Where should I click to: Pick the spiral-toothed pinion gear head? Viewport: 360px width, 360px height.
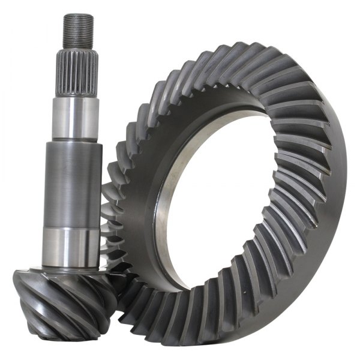(60, 300)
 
